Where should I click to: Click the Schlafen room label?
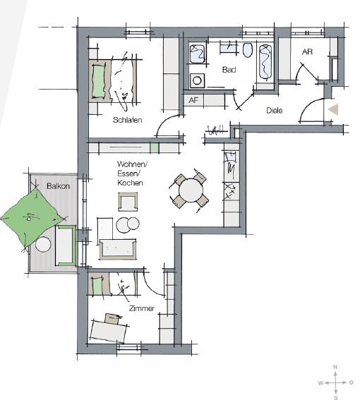pos(127,120)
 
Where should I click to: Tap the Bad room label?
pos(229,70)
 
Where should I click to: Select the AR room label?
pos(307,52)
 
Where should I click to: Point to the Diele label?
pos(275,110)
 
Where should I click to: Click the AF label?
pos(194,100)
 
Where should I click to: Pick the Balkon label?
pos(58,186)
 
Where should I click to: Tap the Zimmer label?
pos(142,308)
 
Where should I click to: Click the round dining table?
pos(191,190)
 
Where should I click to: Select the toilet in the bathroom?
pos(248,49)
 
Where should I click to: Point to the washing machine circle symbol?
pos(197,80)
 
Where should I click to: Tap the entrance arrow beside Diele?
pos(333,109)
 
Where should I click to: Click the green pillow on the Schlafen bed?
pos(98,80)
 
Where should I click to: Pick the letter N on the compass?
pos(335,367)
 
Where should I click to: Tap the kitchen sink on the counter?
pos(231,157)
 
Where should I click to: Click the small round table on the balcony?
pos(43,244)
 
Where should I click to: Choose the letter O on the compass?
pos(351,382)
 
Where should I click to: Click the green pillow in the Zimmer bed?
pos(97,286)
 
